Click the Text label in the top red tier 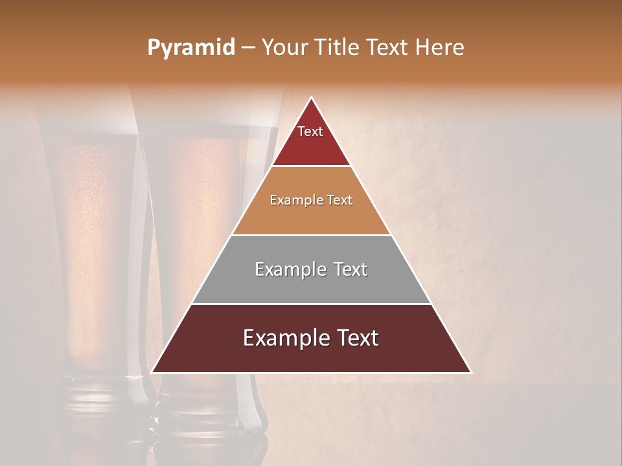(310, 131)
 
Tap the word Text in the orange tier (340, 201)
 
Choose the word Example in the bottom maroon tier (282, 338)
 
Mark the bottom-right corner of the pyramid (470, 372)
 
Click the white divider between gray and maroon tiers (311, 304)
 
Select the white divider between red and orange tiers (311, 166)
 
